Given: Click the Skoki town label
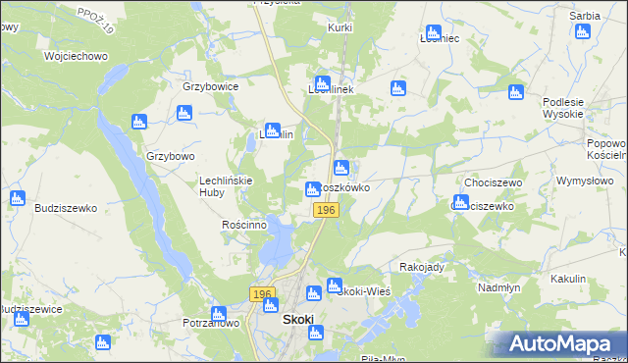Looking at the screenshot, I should tap(297, 320).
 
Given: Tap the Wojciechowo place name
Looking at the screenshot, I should tap(76, 56).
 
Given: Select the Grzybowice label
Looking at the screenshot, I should tap(211, 86).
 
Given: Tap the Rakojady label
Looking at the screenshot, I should tap(423, 267).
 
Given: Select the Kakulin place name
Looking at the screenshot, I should tap(567, 279).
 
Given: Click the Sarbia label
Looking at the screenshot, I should tap(585, 17).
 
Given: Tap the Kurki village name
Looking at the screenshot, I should tap(340, 28).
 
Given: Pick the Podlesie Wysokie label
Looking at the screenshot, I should tap(562, 108).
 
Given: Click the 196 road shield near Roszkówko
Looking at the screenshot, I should tap(327, 211).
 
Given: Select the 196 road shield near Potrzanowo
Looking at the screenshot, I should tap(260, 294).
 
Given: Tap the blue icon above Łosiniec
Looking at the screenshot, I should tap(432, 34).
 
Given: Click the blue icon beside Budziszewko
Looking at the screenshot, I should tap(17, 198).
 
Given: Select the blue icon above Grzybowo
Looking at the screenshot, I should tap(138, 123).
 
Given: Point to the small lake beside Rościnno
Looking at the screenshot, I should tap(282, 238).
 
